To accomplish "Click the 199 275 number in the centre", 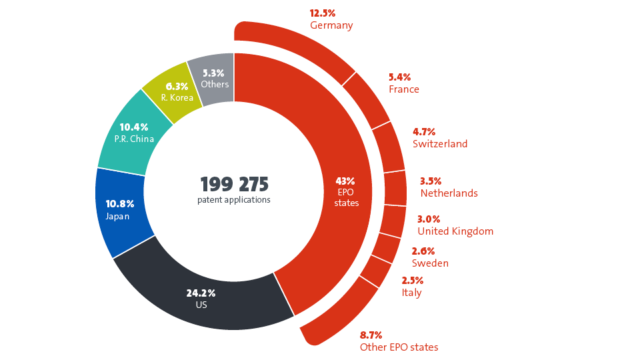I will click(234, 185).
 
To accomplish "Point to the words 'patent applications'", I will click(234, 199).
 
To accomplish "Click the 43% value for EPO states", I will click(345, 181).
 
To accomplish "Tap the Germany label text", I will click(331, 25).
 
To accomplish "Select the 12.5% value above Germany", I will click(323, 13).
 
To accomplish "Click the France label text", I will click(404, 89).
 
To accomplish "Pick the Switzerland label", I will click(440, 144).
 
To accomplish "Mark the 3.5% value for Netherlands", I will click(431, 181).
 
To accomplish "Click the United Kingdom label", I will click(455, 231).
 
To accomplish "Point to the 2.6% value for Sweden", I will click(423, 251).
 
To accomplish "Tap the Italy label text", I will click(411, 293).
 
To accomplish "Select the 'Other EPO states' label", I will click(399, 347).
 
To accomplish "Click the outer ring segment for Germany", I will click(300, 47).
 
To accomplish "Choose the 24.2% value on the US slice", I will click(201, 293).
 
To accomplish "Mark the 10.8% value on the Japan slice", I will click(120, 203).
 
